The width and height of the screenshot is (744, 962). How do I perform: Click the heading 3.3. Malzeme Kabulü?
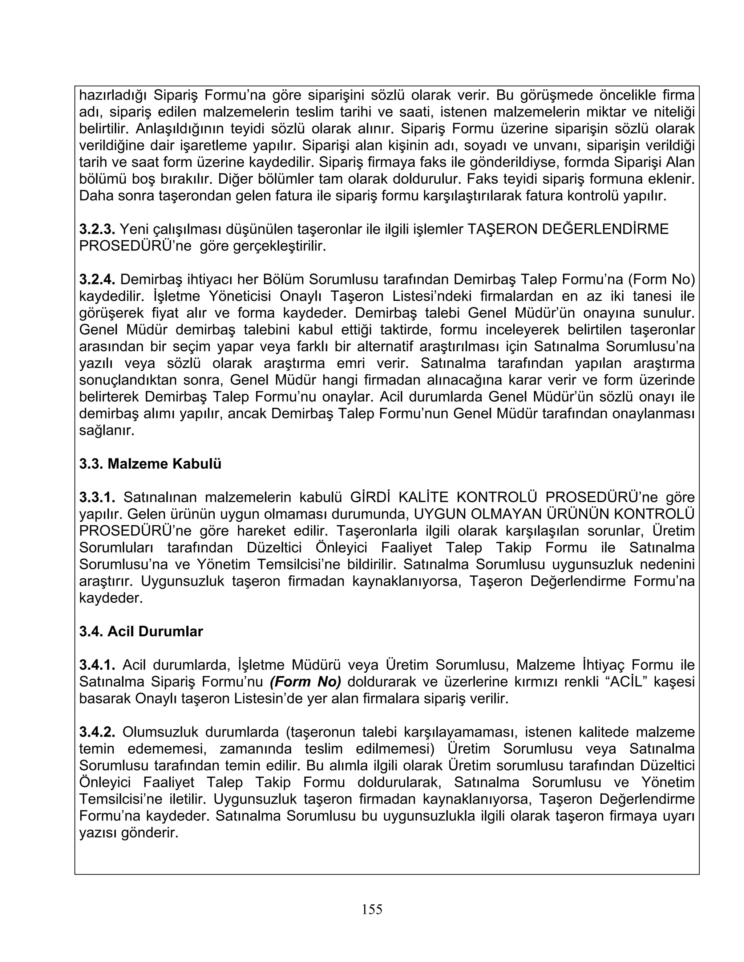pos(150,464)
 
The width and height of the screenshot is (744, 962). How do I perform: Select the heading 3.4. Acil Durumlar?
pos(141,632)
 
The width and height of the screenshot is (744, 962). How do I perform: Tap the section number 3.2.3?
pos(97,229)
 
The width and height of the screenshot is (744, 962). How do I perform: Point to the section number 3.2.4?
pos(97,279)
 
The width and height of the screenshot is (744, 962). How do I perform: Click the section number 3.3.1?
pos(97,497)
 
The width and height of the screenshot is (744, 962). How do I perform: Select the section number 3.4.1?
pos(97,665)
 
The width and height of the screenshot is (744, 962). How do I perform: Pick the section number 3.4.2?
pos(97,732)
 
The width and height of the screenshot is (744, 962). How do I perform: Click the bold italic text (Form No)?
pos(305,682)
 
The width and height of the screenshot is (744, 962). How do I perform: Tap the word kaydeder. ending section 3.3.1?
pos(111,598)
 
